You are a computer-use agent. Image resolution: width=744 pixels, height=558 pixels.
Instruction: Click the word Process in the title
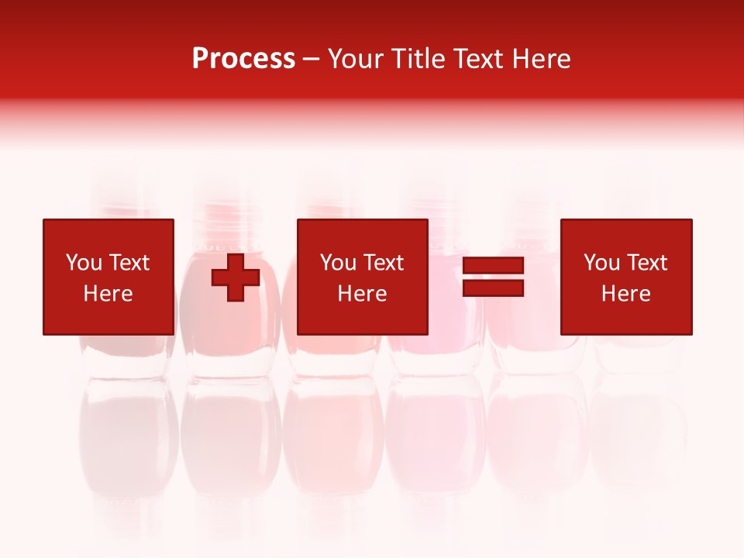click(243, 59)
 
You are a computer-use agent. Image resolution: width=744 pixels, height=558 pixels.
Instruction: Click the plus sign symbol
click(236, 277)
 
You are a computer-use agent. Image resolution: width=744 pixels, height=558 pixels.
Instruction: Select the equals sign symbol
click(493, 277)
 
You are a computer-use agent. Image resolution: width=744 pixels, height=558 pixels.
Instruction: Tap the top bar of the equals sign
click(493, 266)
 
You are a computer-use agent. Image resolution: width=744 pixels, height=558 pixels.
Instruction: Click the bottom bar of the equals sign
click(493, 288)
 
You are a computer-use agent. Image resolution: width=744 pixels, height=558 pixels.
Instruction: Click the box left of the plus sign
click(108, 277)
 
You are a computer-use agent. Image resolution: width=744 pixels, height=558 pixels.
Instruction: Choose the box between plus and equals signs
click(362, 277)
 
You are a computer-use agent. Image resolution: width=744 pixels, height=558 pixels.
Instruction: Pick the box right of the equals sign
click(625, 277)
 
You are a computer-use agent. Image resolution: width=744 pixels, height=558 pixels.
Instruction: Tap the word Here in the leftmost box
click(108, 294)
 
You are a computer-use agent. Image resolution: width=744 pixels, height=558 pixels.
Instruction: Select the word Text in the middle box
click(383, 263)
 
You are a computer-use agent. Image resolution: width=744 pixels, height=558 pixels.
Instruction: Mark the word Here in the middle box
click(362, 294)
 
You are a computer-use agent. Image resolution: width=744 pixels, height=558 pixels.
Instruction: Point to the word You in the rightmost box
click(601, 263)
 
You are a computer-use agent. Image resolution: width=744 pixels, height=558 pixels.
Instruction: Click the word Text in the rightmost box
click(646, 263)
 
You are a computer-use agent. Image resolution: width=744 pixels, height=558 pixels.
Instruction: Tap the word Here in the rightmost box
click(625, 294)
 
